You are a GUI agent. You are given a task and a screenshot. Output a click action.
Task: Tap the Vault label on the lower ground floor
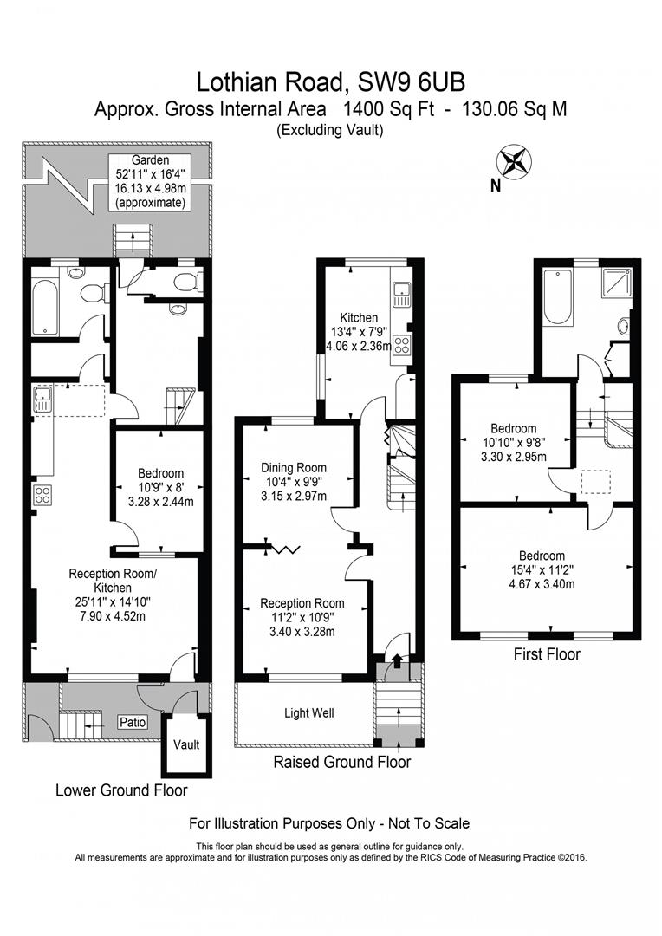[185, 744]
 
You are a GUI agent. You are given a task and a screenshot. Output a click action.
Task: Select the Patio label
[133, 722]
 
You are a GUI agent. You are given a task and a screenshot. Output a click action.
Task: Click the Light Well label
[309, 713]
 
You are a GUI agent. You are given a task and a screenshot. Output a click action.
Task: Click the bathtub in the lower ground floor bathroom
[45, 304]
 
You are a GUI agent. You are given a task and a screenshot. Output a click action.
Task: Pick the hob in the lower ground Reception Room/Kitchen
[43, 496]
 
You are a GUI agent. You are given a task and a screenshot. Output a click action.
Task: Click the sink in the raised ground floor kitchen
[401, 296]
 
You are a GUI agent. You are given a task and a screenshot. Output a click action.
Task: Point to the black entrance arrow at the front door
[397, 662]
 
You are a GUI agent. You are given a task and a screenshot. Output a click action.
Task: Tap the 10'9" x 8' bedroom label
[160, 487]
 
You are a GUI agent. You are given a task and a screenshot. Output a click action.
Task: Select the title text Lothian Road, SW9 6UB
[330, 82]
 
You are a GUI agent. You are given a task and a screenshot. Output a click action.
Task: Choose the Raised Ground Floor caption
[341, 763]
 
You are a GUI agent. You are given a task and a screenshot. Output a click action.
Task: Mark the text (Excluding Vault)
[330, 130]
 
